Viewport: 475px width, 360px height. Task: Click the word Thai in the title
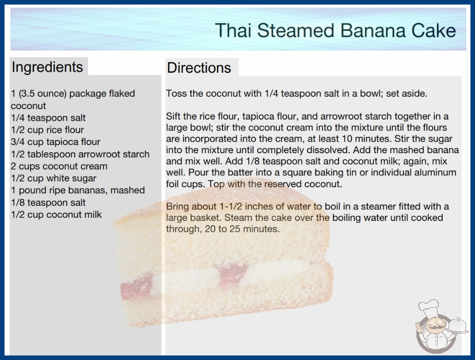tap(233, 30)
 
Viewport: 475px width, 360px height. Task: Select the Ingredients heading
tap(47, 67)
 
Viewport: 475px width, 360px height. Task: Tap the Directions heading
tap(199, 68)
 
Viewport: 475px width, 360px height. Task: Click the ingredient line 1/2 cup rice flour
tap(47, 130)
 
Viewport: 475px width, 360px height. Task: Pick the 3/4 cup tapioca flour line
tap(55, 142)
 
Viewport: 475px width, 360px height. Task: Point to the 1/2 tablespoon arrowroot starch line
tap(80, 154)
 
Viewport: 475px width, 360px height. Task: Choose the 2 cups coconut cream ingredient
tap(59, 166)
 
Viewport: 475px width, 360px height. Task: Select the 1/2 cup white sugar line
tap(54, 178)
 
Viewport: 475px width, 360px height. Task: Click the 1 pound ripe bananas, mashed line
tap(78, 190)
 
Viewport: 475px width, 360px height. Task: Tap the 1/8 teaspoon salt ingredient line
tap(48, 202)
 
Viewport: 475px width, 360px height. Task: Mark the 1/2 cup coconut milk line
tap(56, 215)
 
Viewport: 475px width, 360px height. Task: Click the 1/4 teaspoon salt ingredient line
tap(48, 118)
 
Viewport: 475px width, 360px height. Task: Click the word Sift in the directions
tap(173, 116)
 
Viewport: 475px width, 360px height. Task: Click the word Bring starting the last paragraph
tap(177, 207)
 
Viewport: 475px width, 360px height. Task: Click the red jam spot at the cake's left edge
tap(136, 287)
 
